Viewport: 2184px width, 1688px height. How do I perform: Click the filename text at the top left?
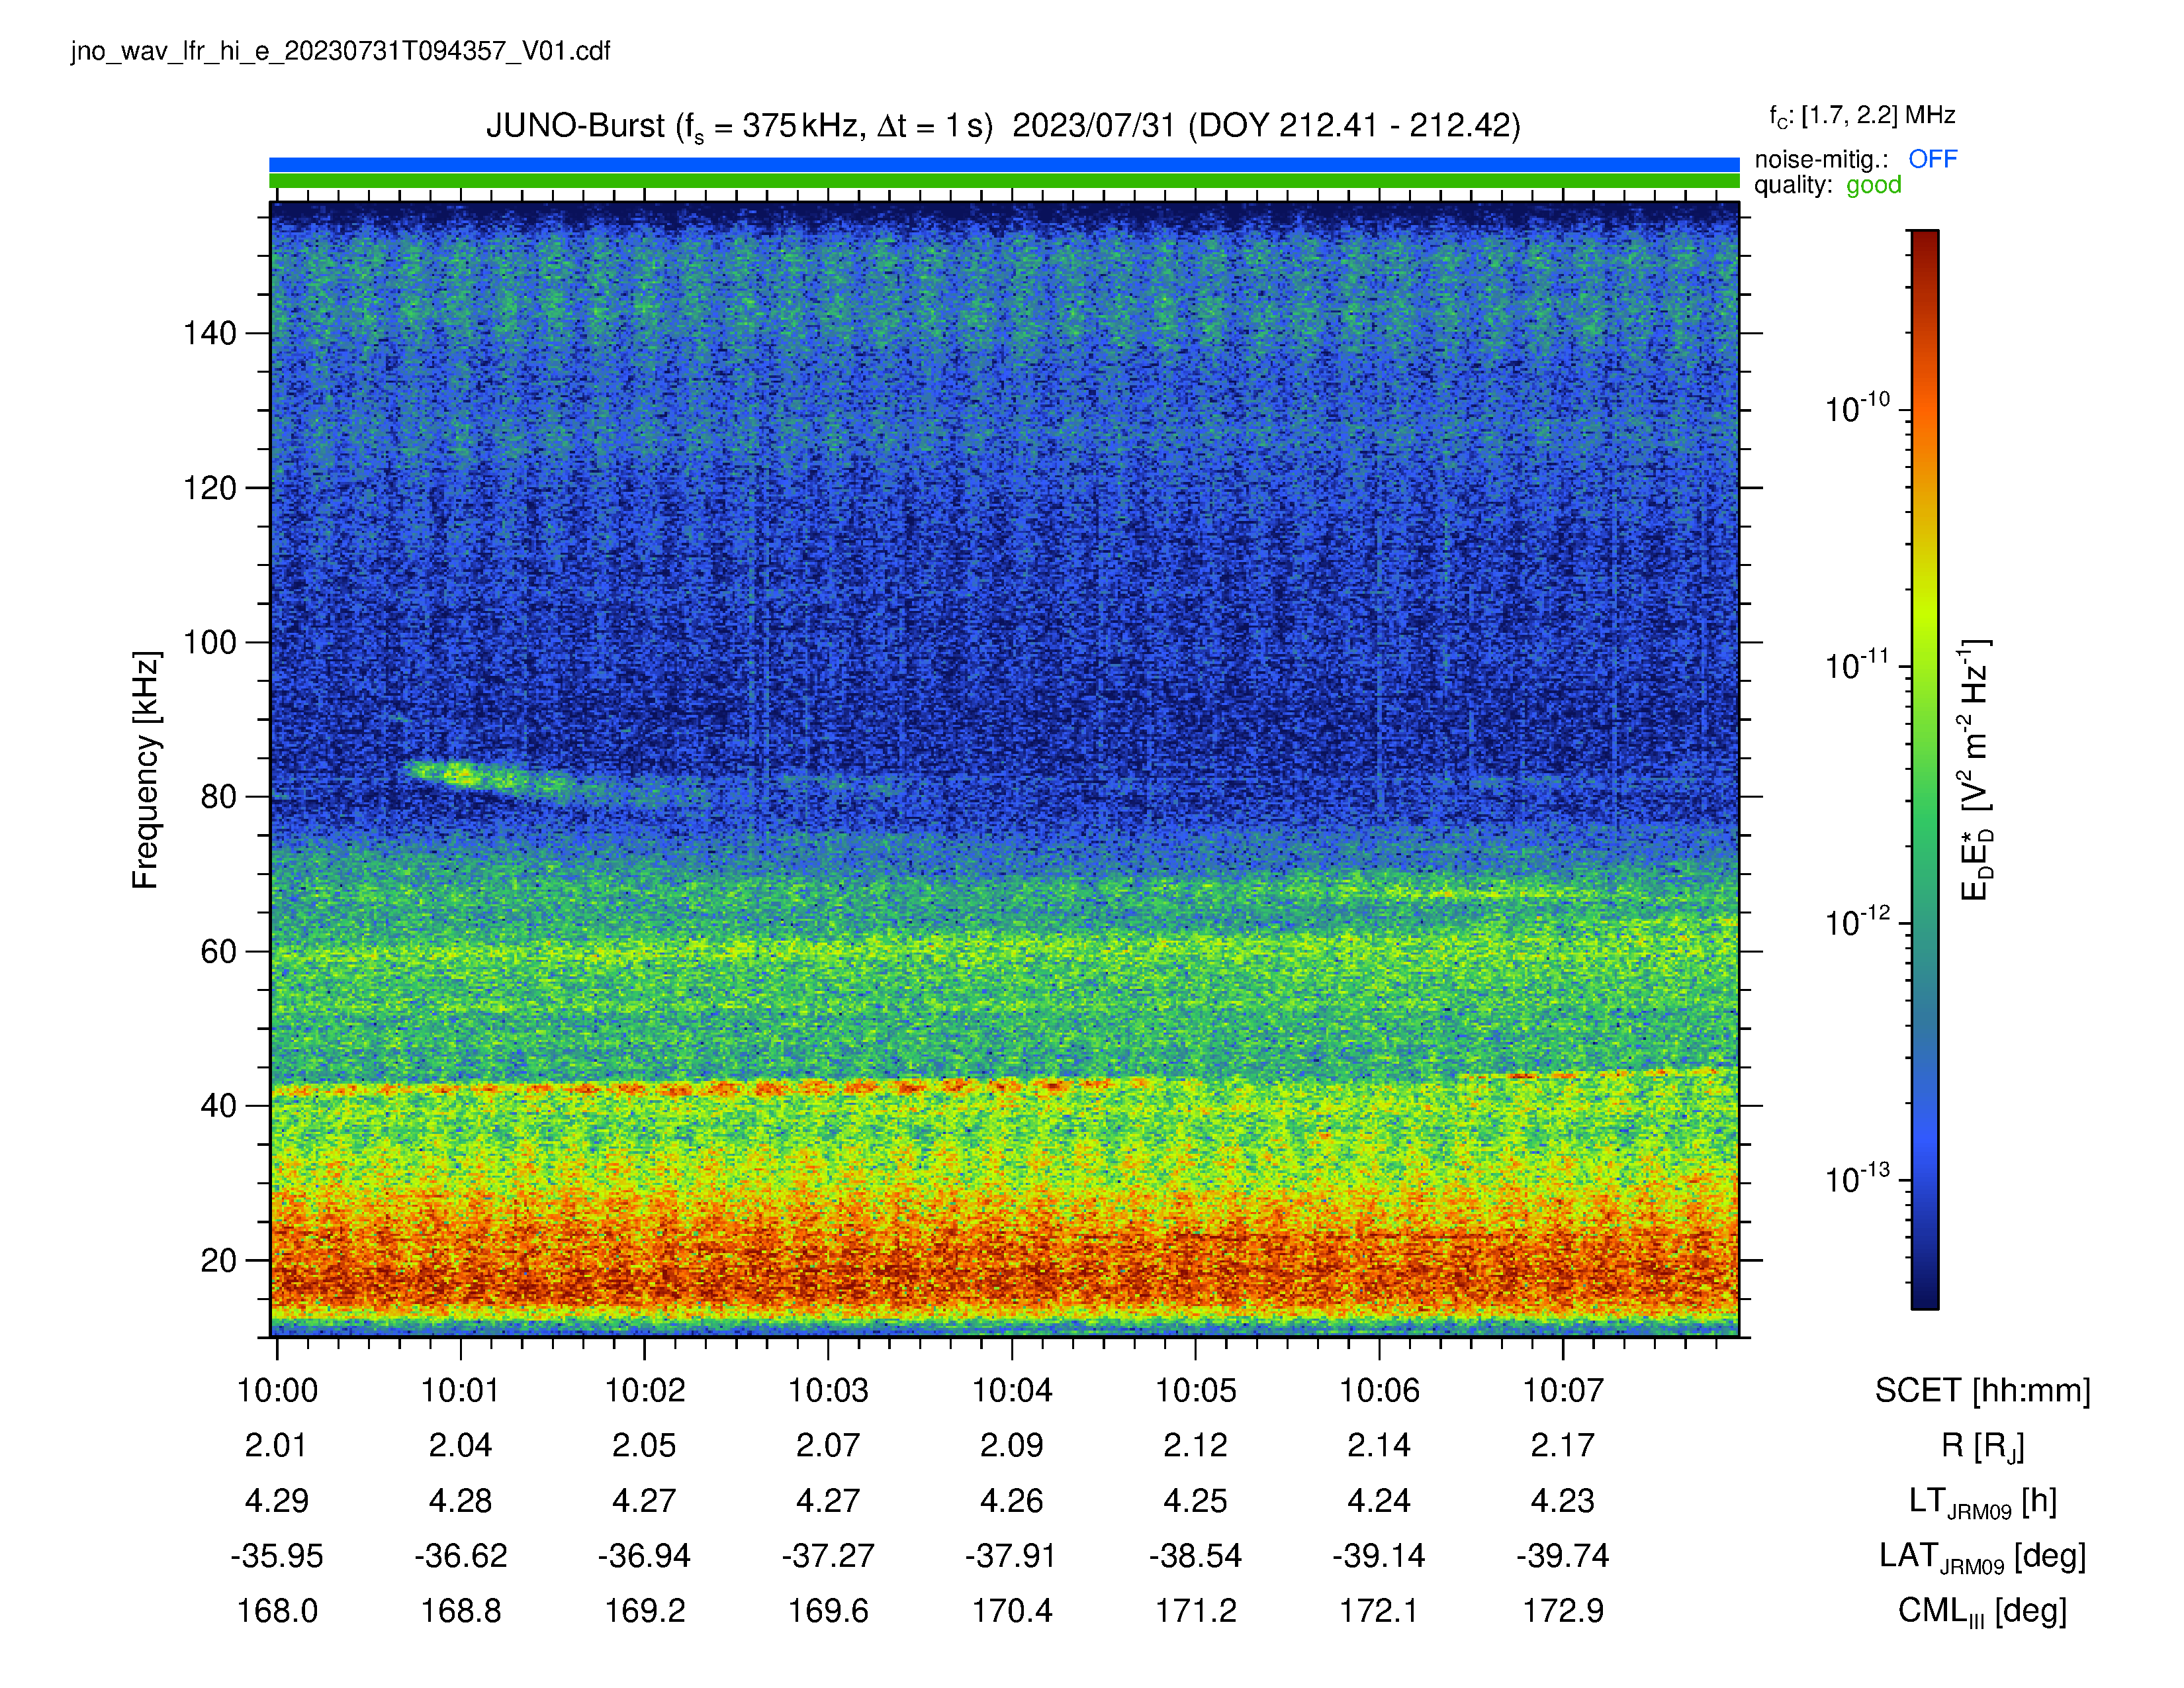click(340, 51)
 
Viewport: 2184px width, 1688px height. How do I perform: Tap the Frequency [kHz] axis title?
click(146, 770)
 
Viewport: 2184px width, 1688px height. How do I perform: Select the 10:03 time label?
click(828, 1390)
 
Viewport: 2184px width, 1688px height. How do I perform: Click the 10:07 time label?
click(1563, 1390)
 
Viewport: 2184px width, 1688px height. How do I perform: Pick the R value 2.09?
click(1012, 1445)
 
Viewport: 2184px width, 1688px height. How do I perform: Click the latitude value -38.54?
click(1195, 1556)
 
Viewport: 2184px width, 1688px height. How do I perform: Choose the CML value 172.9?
click(1563, 1611)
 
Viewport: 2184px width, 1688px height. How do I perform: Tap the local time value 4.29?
click(277, 1501)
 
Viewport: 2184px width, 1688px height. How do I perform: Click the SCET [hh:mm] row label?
click(1982, 1391)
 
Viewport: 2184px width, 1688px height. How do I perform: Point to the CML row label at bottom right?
click(1982, 1612)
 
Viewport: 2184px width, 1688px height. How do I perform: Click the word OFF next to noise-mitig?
click(1932, 159)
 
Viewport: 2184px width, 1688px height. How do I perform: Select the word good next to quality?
click(1873, 185)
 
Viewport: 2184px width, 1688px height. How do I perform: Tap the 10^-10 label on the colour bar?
click(1858, 408)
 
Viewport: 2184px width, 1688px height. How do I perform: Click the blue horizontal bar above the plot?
click(1004, 165)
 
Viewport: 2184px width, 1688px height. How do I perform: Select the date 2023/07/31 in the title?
click(1093, 126)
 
